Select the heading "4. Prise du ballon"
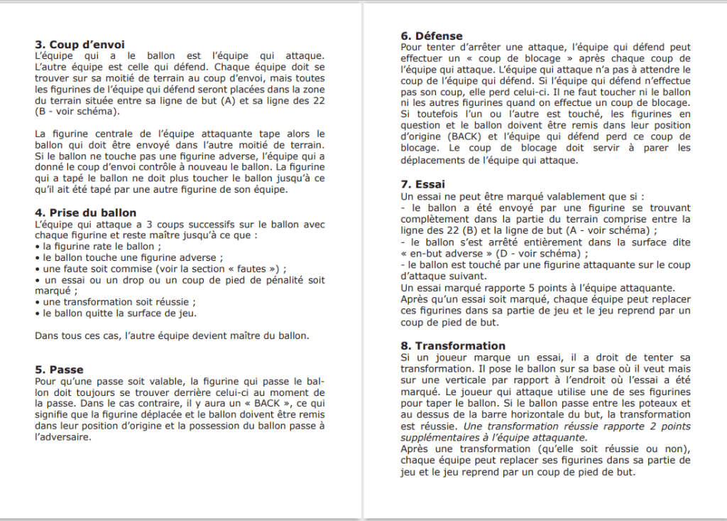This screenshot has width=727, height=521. tap(85, 213)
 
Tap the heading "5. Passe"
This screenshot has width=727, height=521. tap(59, 370)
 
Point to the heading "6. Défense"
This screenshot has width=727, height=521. tap(432, 36)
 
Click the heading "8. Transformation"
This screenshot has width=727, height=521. tap(453, 345)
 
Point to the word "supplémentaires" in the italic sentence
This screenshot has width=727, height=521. tap(437, 437)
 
